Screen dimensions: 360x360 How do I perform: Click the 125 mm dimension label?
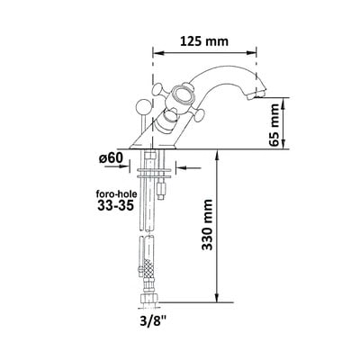point(204,41)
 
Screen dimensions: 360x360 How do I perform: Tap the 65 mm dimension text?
point(275,124)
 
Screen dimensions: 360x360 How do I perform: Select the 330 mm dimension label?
point(207,224)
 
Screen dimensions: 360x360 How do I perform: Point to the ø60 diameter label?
point(111,157)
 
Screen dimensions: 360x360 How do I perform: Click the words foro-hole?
point(116,193)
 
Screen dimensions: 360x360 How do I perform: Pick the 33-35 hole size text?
point(115,205)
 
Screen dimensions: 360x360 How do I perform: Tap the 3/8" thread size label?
point(152,322)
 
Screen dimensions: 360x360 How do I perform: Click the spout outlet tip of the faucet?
point(256,95)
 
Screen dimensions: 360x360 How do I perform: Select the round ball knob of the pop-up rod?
point(142,107)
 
